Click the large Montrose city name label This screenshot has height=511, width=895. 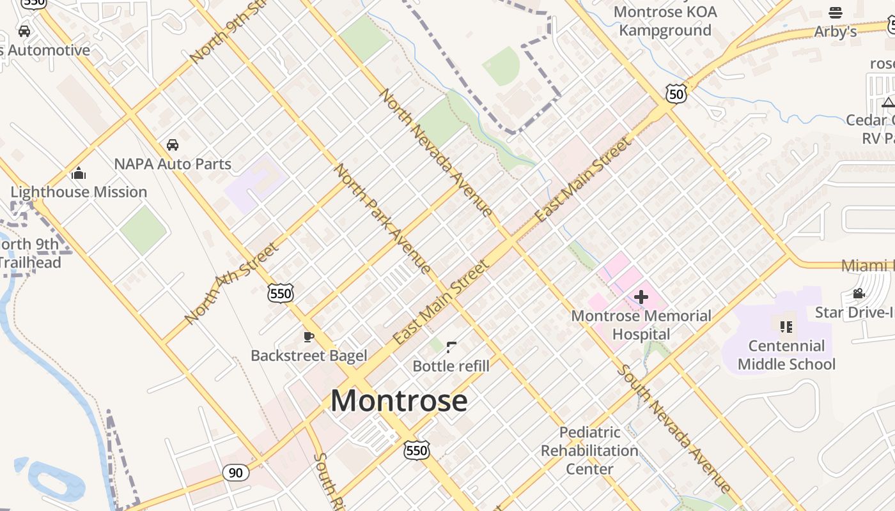point(399,401)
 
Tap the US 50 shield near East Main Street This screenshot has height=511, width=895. point(676,95)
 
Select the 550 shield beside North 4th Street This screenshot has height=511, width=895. point(281,293)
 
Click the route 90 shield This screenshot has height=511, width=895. point(236,473)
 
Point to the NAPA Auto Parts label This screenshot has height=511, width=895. point(173,164)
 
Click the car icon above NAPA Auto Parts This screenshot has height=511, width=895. point(173,145)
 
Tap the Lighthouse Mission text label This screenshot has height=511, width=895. point(79,192)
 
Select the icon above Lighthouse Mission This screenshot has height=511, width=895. point(79,173)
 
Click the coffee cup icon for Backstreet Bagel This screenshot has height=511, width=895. point(309,337)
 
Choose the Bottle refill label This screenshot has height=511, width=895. point(451,366)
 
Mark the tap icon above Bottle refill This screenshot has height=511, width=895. point(451,347)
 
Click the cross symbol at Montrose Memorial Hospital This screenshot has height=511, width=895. point(641,297)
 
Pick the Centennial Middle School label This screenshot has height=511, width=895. point(786,355)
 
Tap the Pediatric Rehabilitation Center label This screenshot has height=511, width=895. point(589,451)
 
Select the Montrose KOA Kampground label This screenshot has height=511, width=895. point(665,21)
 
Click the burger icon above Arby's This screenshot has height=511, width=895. point(836,13)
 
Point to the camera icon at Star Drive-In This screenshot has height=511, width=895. point(859,294)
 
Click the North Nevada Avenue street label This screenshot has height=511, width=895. point(436,153)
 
